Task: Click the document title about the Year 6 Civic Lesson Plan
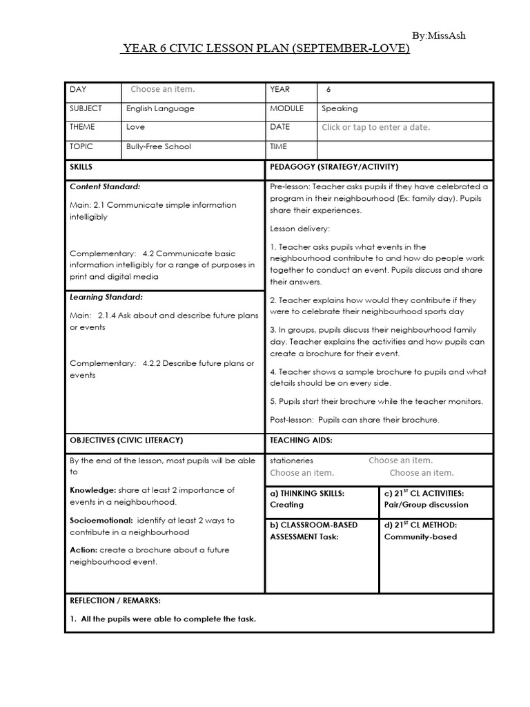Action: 265,49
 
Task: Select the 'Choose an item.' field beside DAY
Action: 163,90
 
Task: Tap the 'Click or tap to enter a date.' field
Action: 375,128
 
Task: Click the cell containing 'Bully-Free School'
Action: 159,146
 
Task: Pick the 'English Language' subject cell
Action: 160,108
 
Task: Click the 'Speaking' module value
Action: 340,108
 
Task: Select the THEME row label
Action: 82,127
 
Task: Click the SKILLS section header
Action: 81,167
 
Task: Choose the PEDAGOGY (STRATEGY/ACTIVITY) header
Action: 334,167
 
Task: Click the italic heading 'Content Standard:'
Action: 105,186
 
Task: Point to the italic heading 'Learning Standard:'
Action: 106,297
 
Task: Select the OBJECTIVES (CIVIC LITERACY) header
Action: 126,440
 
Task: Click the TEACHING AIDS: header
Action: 301,440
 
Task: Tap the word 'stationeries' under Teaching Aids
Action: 292,461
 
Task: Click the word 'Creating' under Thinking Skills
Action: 286,505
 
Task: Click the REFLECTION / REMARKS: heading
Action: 115,601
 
